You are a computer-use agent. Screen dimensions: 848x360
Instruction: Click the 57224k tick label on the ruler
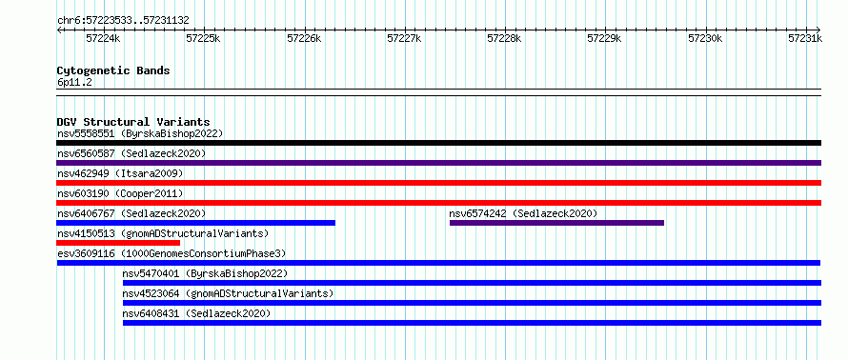(103, 38)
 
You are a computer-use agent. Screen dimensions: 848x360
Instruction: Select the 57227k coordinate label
(404, 38)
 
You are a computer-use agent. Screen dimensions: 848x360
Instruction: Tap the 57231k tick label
(805, 38)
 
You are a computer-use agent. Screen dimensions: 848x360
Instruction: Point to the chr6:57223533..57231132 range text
(123, 21)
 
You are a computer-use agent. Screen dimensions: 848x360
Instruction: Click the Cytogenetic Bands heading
(113, 70)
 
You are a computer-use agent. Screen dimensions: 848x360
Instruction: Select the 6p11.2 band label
(74, 83)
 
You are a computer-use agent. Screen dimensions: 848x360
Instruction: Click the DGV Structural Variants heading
(133, 122)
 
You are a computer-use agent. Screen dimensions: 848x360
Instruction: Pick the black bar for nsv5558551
(438, 143)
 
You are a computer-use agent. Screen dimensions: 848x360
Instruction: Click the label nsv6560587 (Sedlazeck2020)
(131, 153)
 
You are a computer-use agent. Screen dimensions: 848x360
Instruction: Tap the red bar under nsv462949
(438, 183)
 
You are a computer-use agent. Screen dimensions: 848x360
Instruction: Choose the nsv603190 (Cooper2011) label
(120, 193)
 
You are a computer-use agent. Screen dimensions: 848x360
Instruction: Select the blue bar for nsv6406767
(195, 223)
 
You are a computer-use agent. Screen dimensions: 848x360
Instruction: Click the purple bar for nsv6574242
(556, 223)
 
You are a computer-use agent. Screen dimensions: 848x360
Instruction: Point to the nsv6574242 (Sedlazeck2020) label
(523, 213)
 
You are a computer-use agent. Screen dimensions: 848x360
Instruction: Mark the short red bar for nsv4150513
(118, 243)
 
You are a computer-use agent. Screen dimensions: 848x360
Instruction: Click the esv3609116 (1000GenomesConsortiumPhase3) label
(172, 253)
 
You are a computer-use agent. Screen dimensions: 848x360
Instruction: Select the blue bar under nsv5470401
(473, 283)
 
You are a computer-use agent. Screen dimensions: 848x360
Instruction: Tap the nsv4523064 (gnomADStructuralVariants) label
(229, 293)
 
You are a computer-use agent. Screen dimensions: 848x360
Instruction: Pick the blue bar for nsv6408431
(473, 323)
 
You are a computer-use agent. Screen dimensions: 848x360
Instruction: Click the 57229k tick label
(604, 38)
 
